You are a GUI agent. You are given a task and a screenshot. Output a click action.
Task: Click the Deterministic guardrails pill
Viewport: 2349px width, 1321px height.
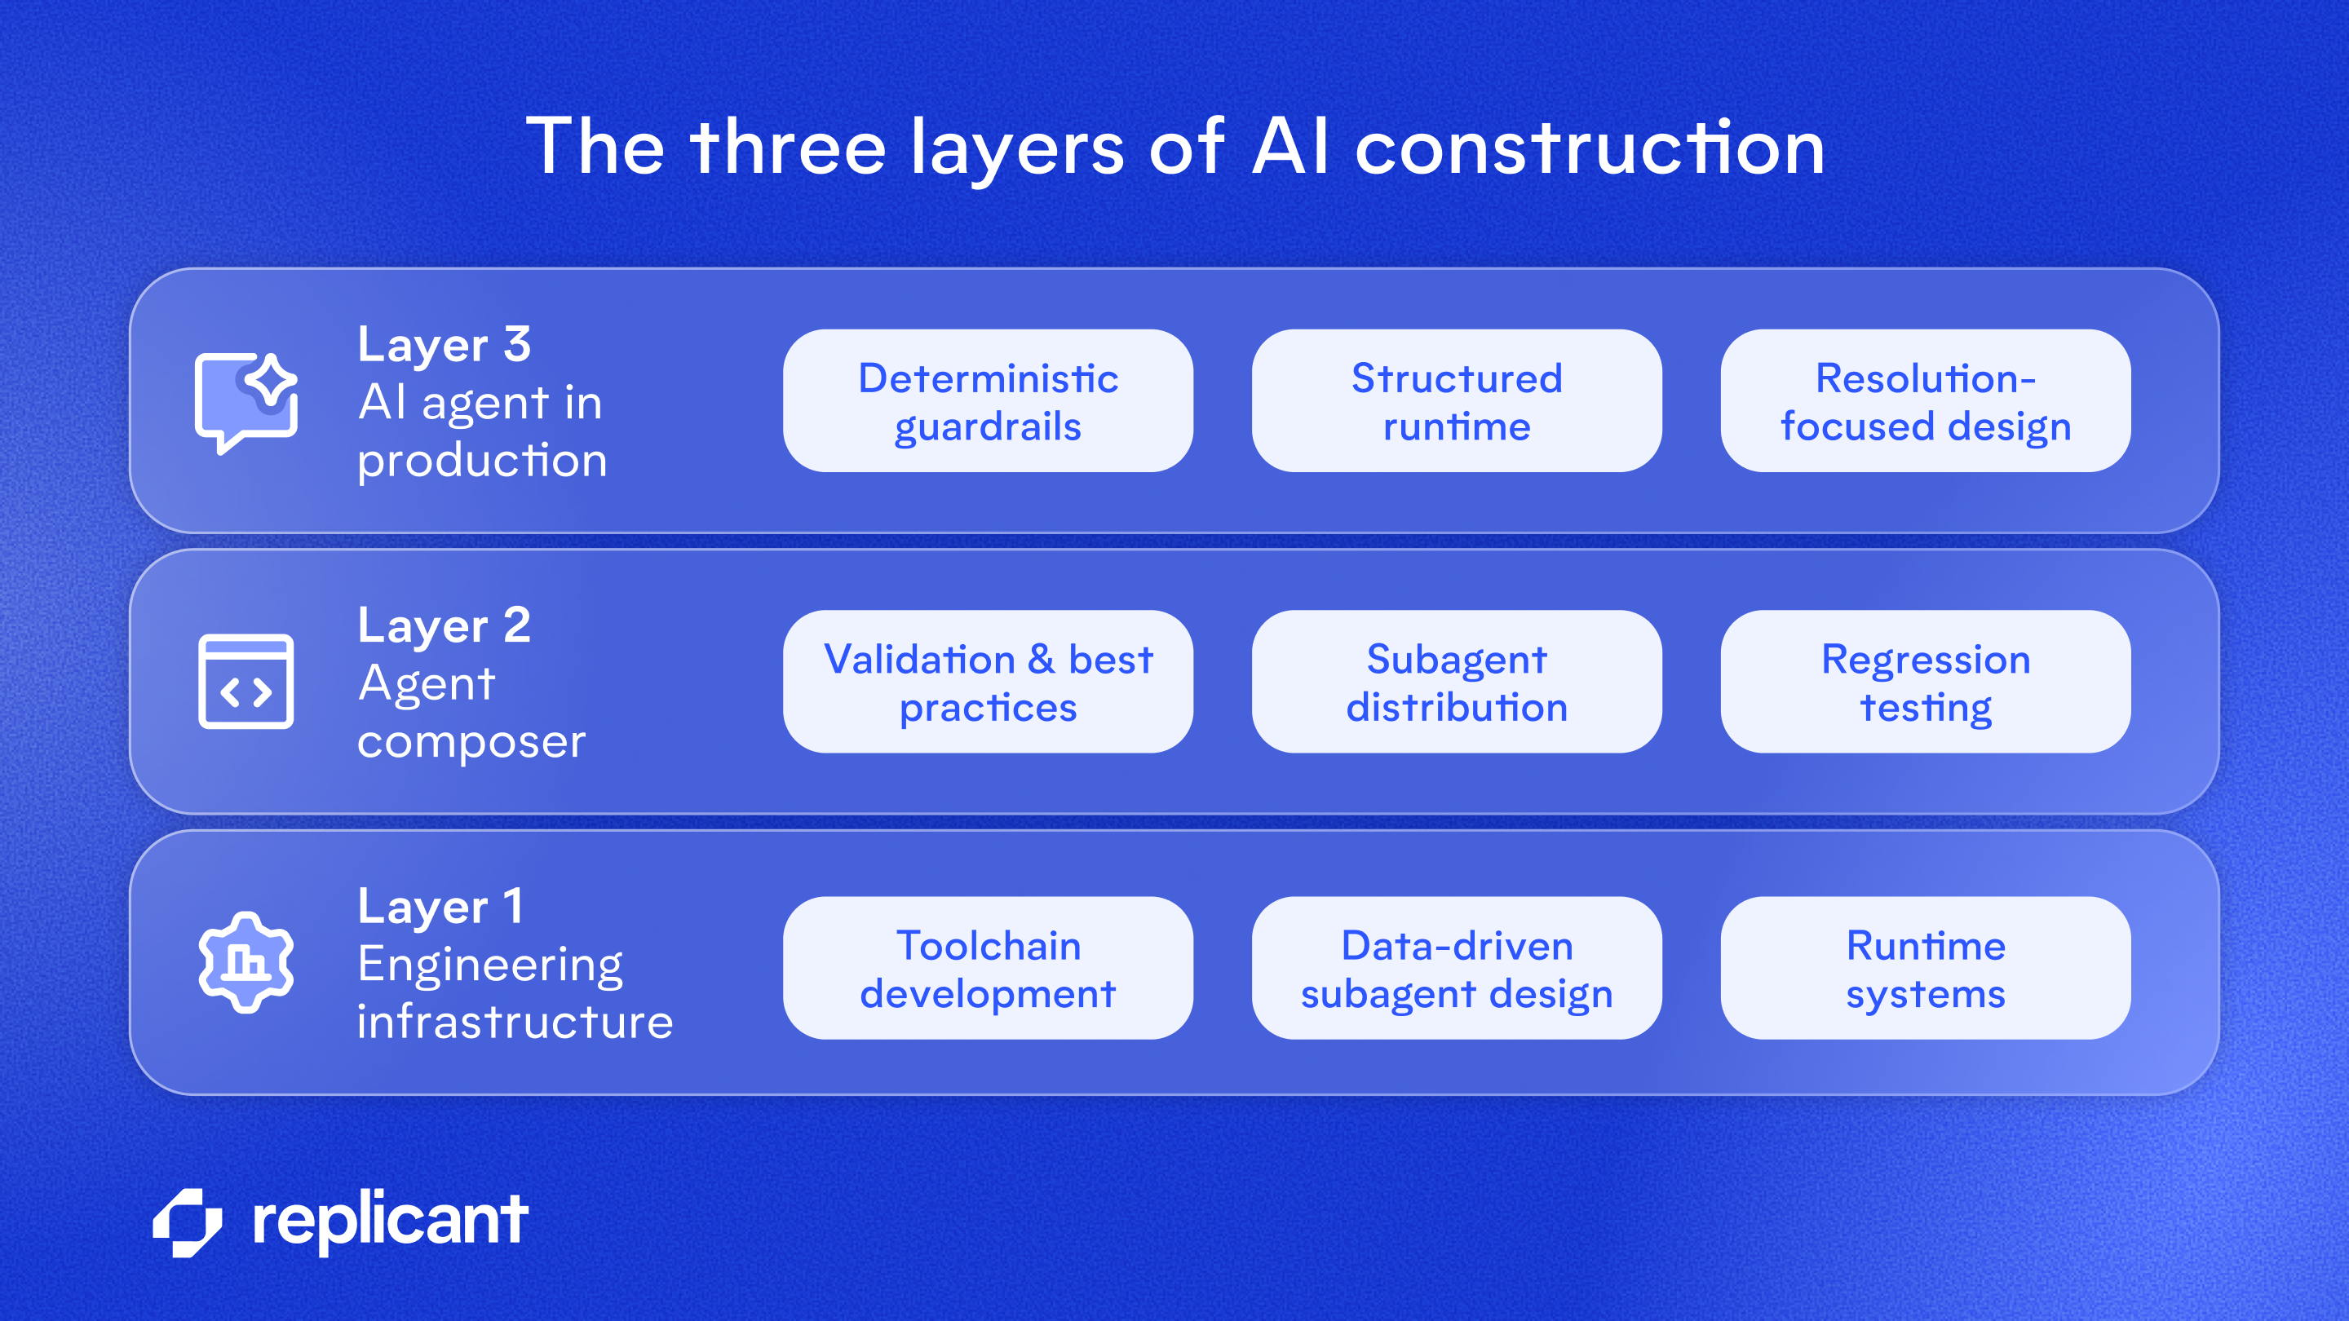(x=988, y=401)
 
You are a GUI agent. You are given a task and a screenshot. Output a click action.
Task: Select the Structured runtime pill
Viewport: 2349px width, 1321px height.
(x=1456, y=401)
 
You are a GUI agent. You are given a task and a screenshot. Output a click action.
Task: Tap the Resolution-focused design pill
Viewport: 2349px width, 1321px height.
(x=1925, y=401)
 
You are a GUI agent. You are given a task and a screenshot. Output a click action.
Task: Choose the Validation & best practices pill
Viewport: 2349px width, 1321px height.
(x=988, y=682)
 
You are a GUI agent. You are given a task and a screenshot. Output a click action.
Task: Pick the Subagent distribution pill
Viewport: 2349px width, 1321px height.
(x=1456, y=682)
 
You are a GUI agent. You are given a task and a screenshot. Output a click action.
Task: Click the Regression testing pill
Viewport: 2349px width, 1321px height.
(x=1925, y=682)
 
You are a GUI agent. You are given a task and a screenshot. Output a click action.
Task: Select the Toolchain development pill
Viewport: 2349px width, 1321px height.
(x=988, y=968)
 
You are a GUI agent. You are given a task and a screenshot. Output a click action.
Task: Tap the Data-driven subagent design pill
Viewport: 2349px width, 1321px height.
(x=1456, y=968)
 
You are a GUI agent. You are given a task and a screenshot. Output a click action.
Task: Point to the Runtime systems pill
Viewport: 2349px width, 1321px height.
(x=1925, y=968)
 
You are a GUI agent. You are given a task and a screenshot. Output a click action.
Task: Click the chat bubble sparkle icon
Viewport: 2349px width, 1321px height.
(x=246, y=401)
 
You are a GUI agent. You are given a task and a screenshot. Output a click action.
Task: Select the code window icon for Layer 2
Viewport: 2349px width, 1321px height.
(x=246, y=682)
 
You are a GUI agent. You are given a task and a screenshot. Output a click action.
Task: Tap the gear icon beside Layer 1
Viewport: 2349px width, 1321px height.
(x=246, y=962)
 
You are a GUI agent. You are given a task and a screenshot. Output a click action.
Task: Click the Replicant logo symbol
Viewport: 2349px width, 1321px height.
(x=188, y=1222)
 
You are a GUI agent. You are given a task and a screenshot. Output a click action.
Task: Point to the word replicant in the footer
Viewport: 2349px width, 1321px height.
(x=391, y=1220)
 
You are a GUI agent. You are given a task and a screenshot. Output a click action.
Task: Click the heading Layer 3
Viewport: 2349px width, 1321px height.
(x=444, y=345)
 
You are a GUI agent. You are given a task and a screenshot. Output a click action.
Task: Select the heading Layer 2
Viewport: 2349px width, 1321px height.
(x=444, y=625)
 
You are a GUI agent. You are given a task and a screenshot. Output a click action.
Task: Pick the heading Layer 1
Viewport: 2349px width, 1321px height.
(x=440, y=906)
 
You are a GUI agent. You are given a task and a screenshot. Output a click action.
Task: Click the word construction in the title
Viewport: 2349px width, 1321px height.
(x=1590, y=148)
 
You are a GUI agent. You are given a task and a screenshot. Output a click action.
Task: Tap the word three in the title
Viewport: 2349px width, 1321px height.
(x=788, y=148)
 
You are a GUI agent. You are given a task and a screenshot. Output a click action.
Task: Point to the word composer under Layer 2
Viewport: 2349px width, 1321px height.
(x=471, y=742)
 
